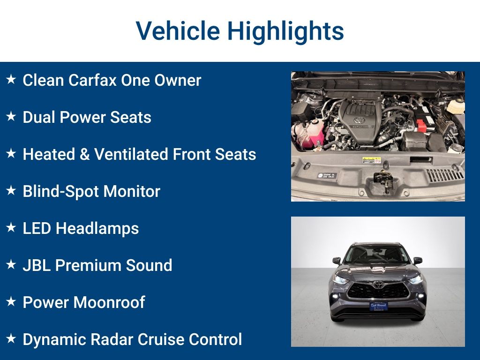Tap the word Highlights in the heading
[285, 31]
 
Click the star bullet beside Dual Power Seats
[11, 117]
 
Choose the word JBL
[37, 265]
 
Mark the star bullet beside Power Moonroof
[11, 302]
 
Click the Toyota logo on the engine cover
[359, 120]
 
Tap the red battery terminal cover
[422, 126]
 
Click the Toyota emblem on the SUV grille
[378, 285]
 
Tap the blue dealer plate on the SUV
[378, 306]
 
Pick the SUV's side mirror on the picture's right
[417, 260]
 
